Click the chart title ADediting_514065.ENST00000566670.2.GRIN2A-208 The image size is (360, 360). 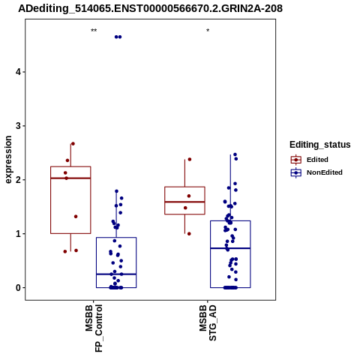151,8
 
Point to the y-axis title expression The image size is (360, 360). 8,160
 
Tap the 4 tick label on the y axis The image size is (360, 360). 18,72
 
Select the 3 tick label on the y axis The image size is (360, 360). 18,126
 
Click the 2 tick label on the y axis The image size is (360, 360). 18,180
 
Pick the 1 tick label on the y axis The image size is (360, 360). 18,234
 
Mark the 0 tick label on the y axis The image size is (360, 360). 18,288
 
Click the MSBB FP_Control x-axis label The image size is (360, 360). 94,328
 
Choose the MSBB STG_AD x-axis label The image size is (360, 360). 208,322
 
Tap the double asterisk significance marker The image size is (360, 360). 94,31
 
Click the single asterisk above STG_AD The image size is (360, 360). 208,31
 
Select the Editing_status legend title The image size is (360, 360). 320,145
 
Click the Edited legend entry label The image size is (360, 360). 317,160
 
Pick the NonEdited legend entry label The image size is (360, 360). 325,172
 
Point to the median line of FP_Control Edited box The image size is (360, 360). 70,178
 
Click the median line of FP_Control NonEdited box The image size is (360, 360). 116,274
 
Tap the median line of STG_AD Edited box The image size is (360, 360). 184,202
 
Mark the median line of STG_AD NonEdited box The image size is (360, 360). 230,248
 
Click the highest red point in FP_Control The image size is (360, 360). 73,144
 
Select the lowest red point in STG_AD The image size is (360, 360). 189,234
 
